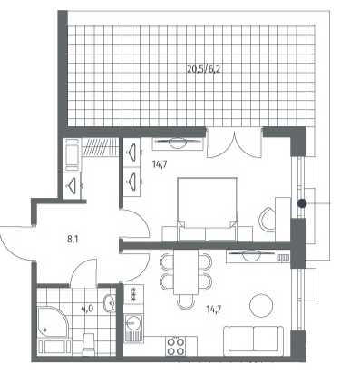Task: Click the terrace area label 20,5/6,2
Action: click(x=204, y=69)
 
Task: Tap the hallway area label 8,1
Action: click(x=72, y=240)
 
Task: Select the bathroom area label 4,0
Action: click(x=87, y=309)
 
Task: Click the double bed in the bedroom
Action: click(x=207, y=209)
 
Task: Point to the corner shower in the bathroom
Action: click(x=52, y=321)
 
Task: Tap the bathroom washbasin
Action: click(x=109, y=302)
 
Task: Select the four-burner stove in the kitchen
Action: click(x=176, y=346)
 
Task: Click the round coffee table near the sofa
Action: click(x=261, y=306)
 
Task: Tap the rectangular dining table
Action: click(x=186, y=271)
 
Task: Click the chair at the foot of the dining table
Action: click(x=186, y=301)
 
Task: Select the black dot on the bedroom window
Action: click(x=302, y=203)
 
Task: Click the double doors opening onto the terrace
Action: click(x=234, y=143)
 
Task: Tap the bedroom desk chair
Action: click(x=268, y=219)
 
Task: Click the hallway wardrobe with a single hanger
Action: click(x=72, y=185)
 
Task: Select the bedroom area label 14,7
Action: click(x=161, y=165)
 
